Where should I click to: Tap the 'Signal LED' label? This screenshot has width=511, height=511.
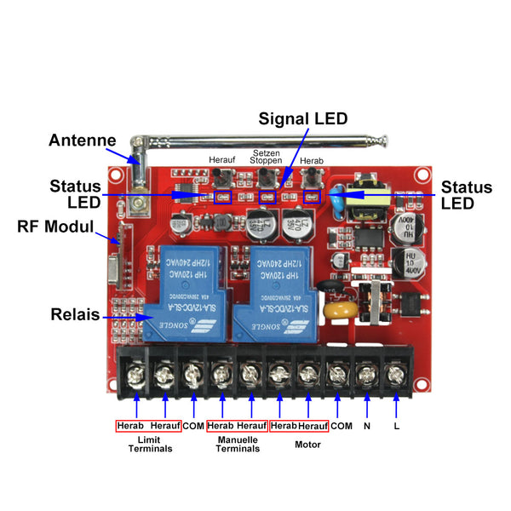point(303,119)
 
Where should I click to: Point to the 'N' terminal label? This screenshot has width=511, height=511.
point(367,425)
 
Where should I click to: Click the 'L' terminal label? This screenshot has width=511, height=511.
point(397,425)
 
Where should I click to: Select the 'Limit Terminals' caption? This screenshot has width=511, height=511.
point(150,444)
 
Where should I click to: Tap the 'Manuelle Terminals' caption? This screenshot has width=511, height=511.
point(238,444)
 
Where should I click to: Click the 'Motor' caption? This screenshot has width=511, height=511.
point(307,444)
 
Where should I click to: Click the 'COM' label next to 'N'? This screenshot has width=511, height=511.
point(341,425)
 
